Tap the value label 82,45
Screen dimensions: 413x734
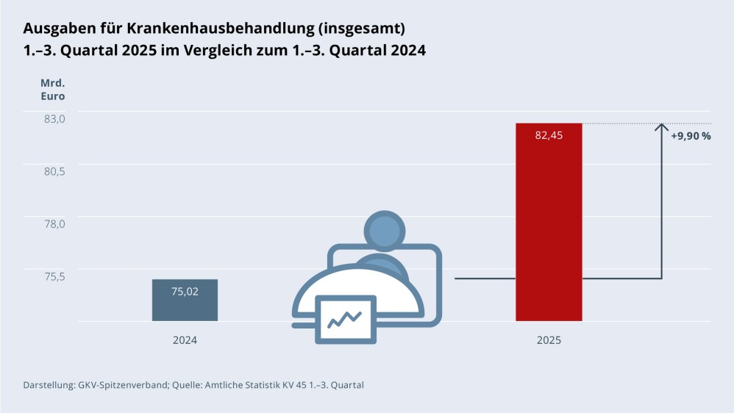click(x=549, y=135)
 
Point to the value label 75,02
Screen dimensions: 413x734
click(x=185, y=292)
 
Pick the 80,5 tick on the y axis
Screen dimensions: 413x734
click(x=54, y=171)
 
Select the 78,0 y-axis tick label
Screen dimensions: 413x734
click(x=54, y=223)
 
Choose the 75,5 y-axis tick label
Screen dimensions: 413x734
click(x=54, y=276)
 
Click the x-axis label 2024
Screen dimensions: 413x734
click(x=185, y=340)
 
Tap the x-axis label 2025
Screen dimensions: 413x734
click(x=549, y=340)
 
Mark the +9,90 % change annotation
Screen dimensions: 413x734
click(x=691, y=136)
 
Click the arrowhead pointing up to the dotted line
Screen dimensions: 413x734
click(x=661, y=127)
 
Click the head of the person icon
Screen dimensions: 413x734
click(x=383, y=230)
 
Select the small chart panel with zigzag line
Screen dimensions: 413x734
click(x=346, y=319)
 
